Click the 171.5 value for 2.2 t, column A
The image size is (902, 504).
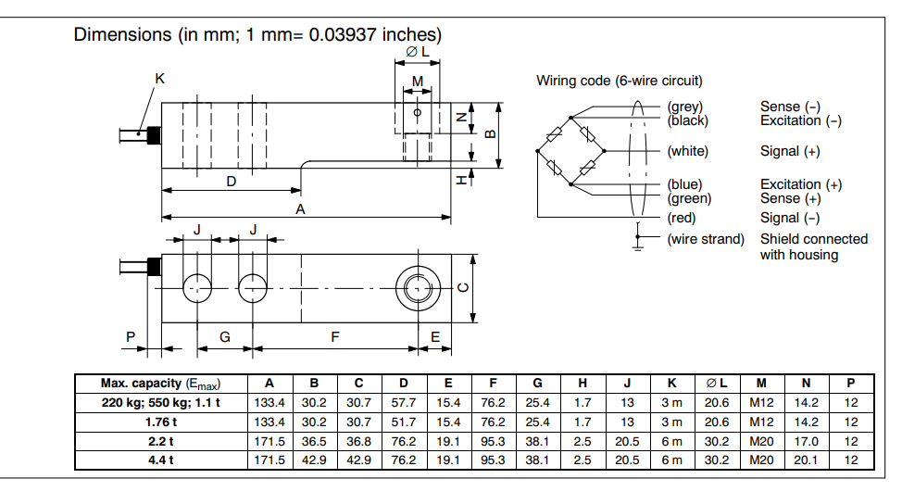click(269, 441)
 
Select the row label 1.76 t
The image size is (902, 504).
click(161, 422)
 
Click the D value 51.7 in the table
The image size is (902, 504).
click(403, 422)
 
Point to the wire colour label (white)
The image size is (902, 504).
click(687, 151)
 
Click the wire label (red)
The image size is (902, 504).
click(682, 218)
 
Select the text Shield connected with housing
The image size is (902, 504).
click(813, 246)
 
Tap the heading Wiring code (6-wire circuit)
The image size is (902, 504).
click(619, 81)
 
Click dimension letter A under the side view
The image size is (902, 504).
click(300, 209)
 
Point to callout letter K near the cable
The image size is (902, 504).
click(159, 79)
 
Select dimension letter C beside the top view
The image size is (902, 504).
click(464, 286)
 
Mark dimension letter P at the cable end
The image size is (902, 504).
click(131, 337)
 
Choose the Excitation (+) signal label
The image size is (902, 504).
click(801, 184)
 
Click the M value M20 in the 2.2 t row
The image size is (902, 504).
click(760, 441)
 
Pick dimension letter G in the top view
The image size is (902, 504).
click(225, 337)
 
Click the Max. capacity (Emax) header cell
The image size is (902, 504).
click(161, 383)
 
